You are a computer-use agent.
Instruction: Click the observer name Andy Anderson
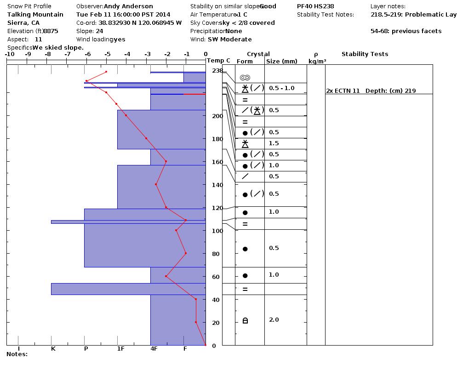(x=128, y=6)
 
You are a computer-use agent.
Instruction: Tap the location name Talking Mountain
(x=35, y=15)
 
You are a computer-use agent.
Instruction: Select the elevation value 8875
(x=51, y=31)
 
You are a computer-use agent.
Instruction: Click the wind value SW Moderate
(x=230, y=40)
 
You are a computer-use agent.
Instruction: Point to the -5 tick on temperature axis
(x=107, y=54)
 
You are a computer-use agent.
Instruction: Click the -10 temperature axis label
(x=9, y=54)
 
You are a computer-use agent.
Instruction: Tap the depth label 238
(x=217, y=71)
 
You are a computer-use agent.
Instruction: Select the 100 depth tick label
(x=217, y=231)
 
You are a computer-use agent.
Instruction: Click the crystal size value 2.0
(x=274, y=320)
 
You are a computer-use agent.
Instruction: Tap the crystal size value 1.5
(x=274, y=143)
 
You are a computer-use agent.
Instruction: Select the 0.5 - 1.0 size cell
(x=281, y=88)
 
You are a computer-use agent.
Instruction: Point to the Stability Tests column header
(x=365, y=54)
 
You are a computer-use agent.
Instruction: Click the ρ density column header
(x=316, y=54)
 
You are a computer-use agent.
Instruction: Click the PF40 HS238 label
(x=315, y=6)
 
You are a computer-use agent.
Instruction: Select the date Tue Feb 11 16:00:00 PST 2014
(x=123, y=15)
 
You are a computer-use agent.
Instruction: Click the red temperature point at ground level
(x=206, y=345)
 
